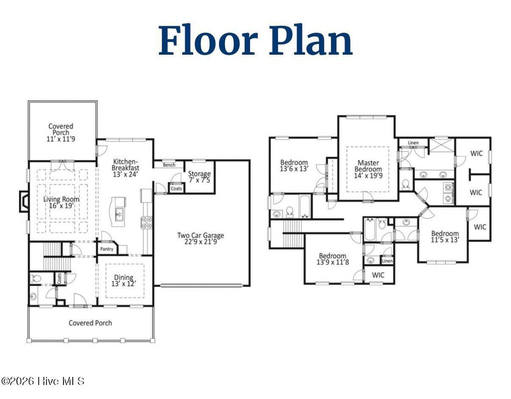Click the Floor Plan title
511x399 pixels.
(255, 40)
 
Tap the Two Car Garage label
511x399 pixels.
(201, 239)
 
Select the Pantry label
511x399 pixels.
(107, 249)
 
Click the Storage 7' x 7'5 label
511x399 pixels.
(199, 177)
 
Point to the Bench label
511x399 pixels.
(169, 165)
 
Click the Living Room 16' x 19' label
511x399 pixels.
(61, 202)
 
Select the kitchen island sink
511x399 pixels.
(119, 214)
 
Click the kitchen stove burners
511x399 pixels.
(146, 222)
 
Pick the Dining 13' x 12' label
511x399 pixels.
(123, 281)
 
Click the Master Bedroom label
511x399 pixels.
(368, 169)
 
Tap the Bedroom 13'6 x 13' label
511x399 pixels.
(294, 165)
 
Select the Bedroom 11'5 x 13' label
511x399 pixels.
(445, 237)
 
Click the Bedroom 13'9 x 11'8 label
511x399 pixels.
(332, 259)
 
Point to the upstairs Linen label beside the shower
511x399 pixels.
(413, 143)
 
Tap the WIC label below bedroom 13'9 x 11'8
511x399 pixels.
(378, 275)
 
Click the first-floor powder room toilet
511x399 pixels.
(35, 279)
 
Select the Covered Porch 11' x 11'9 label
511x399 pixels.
(61, 132)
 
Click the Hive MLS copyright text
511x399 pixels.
(43, 381)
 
